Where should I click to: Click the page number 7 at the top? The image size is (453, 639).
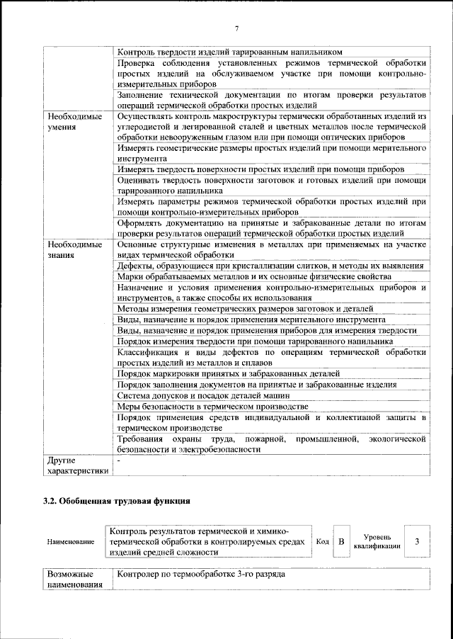(x=236, y=28)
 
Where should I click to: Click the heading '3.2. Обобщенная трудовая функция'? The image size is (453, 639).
(x=116, y=502)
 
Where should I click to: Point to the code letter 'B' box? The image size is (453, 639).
(x=341, y=542)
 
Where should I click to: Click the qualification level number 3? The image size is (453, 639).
(x=417, y=542)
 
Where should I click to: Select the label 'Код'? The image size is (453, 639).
(x=322, y=542)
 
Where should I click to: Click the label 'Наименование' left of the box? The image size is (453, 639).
(x=71, y=542)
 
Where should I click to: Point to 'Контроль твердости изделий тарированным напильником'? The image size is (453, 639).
(x=230, y=52)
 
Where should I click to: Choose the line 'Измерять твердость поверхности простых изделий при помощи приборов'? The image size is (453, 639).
(x=260, y=170)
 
